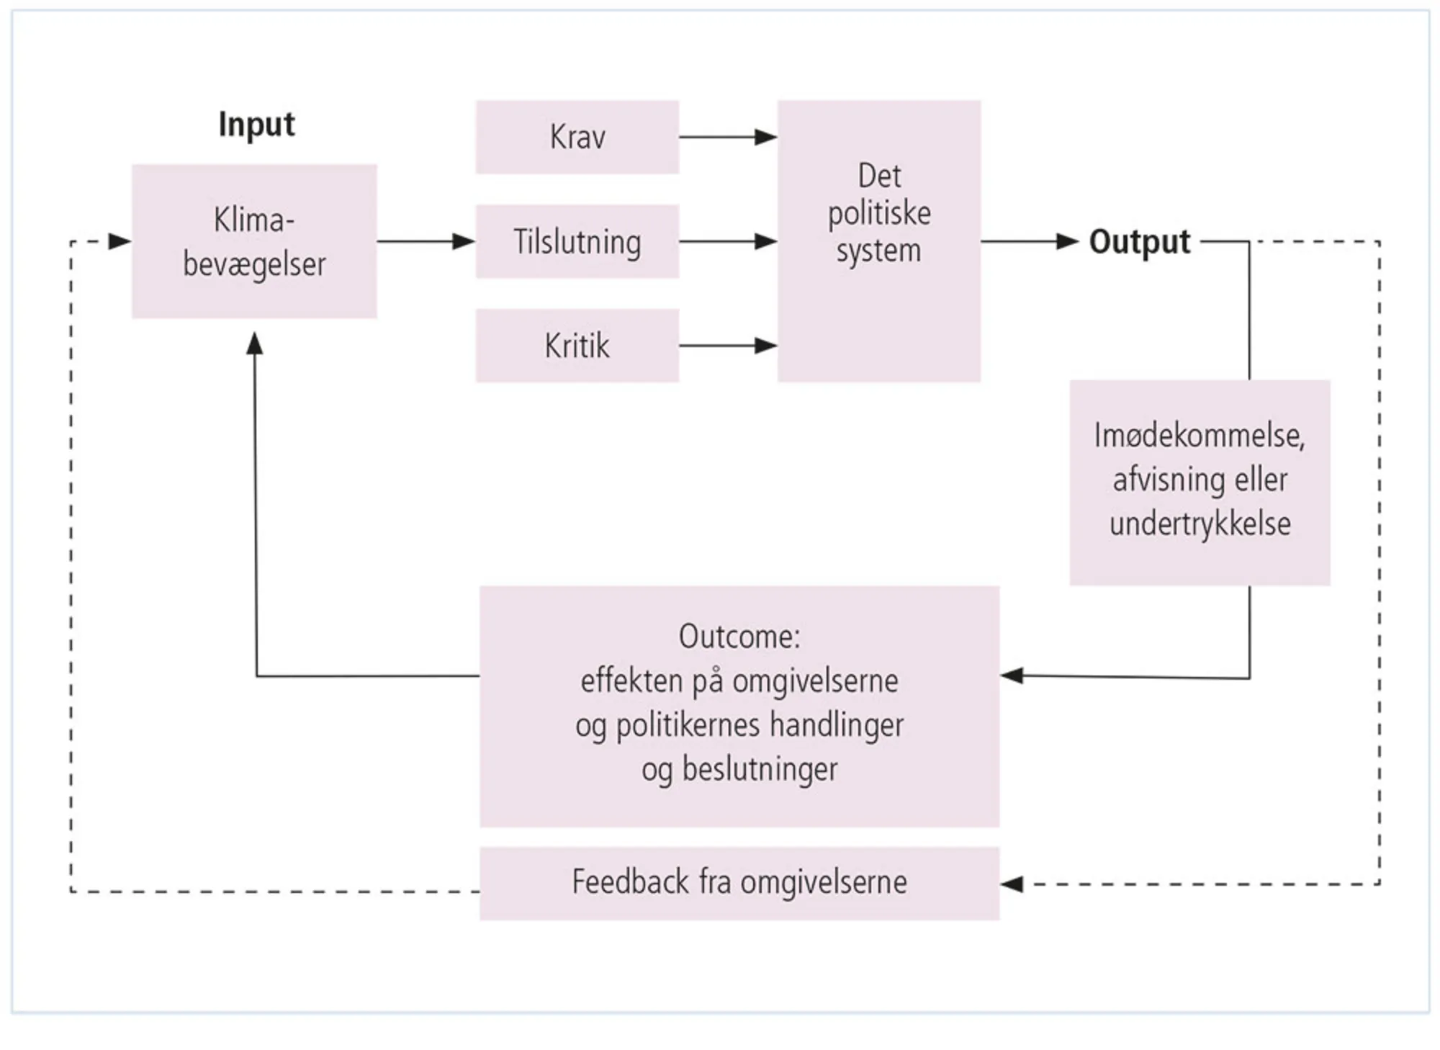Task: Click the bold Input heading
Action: [256, 125]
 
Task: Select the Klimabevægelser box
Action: [254, 241]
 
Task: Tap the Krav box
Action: [577, 137]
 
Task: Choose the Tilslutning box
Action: [577, 241]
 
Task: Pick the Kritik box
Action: [577, 346]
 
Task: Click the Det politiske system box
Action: [878, 241]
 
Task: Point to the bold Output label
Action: [1139, 242]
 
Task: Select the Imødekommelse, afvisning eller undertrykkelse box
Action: [1200, 481]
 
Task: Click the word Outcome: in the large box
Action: [739, 637]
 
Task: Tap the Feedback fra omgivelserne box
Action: [739, 883]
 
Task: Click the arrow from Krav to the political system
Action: [727, 137]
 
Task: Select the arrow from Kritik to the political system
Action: [727, 346]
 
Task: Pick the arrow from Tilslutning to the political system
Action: [727, 241]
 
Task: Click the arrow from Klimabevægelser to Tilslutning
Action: [425, 241]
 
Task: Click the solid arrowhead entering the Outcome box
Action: [1012, 676]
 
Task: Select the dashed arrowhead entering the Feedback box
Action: [1012, 884]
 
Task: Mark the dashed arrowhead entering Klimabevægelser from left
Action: [120, 241]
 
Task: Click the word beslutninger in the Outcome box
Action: [760, 769]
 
